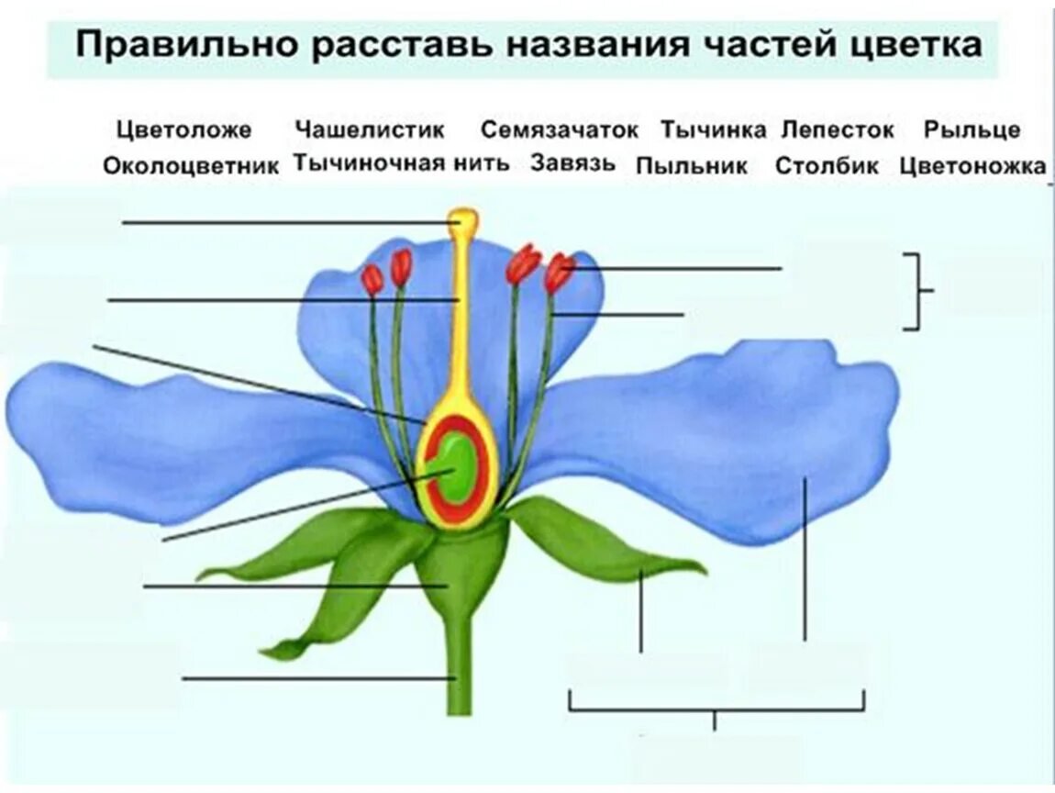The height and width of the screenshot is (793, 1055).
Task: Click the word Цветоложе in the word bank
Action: pos(183,130)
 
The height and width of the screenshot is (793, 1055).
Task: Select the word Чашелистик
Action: pos(370,130)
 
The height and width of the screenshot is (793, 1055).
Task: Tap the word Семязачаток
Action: pos(559,130)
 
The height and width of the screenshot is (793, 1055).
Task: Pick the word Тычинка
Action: pos(713,130)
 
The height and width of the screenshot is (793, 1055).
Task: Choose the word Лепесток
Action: pos(837,130)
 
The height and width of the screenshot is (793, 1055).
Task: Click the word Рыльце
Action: pos(972,130)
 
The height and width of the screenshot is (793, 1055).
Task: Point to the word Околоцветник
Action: pos(191,166)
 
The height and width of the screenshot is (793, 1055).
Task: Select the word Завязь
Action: pos(571,164)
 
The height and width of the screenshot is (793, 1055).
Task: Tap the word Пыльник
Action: pos(692,166)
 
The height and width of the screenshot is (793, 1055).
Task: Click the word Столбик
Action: pos(827,166)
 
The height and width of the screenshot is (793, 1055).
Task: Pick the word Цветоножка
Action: pos(972,166)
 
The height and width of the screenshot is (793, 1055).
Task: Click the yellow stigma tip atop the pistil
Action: pos(462,221)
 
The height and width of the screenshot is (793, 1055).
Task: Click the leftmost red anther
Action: pos(372,279)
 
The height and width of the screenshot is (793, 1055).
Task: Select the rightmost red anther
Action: pos(558,273)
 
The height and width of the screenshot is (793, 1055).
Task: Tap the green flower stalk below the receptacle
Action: pos(459,670)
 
